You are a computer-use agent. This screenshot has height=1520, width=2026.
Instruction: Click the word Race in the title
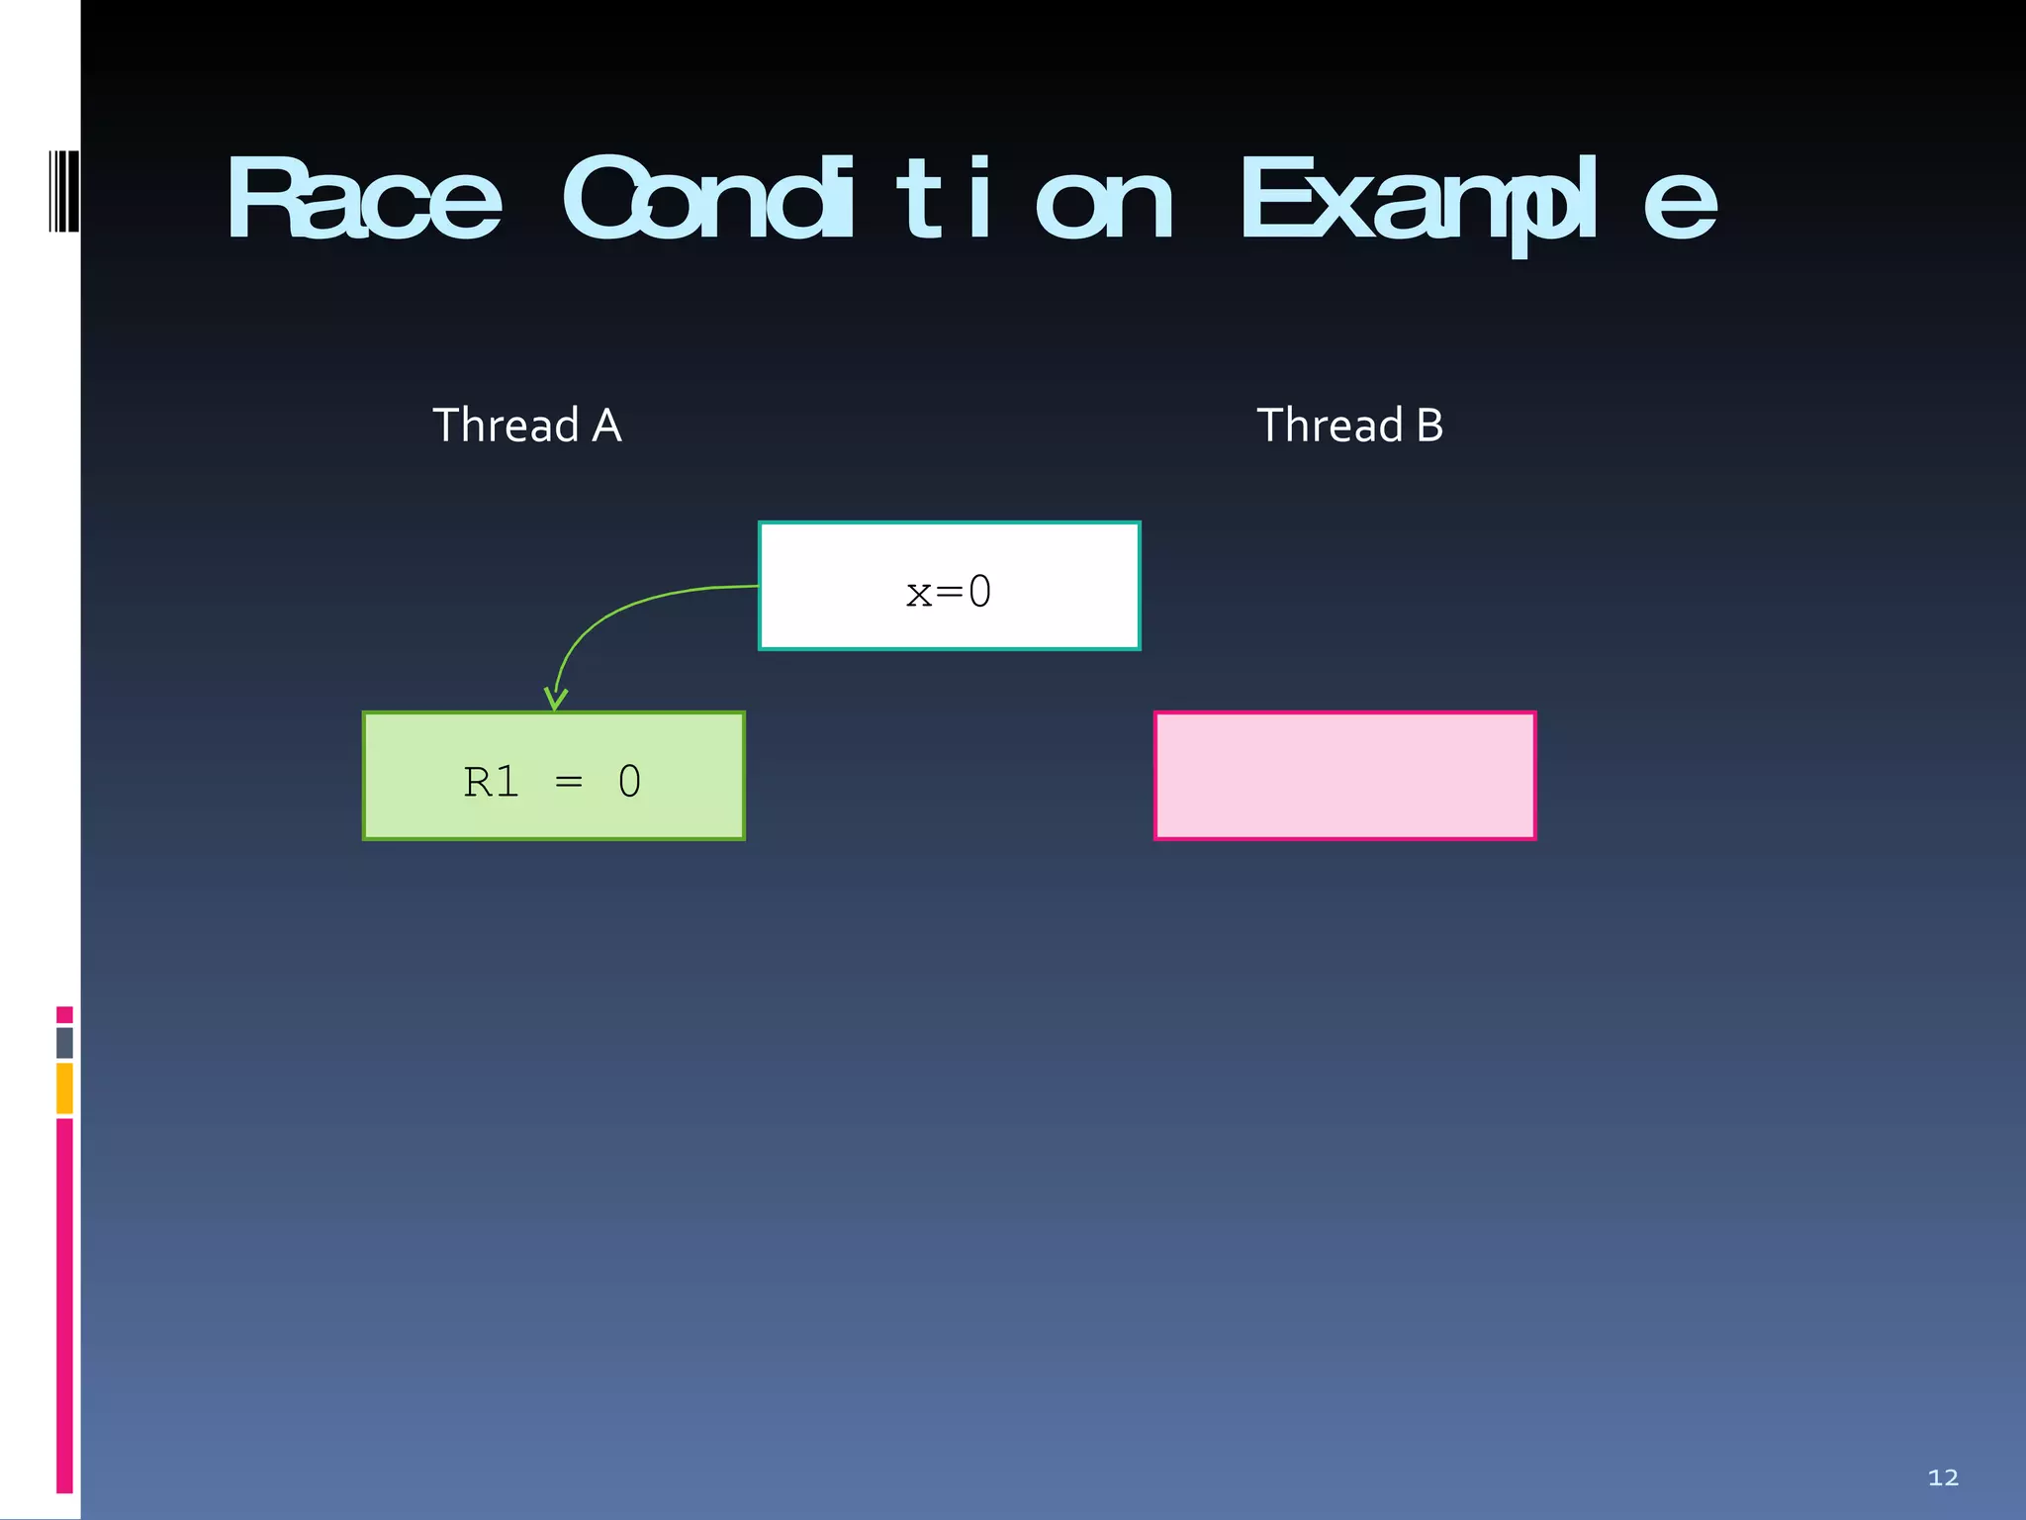364,200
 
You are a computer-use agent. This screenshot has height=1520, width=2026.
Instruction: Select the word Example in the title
1478,202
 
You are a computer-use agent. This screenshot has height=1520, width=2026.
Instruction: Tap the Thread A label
527,426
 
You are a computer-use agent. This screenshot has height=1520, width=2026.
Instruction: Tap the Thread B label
1349,426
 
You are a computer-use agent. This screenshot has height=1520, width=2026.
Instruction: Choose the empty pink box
1345,776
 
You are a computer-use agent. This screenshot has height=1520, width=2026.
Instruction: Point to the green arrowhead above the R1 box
556,699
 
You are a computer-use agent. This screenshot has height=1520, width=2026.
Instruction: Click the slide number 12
1943,1477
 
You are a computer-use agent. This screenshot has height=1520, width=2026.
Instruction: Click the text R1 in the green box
491,782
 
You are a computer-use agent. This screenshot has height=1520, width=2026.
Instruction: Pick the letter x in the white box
919,593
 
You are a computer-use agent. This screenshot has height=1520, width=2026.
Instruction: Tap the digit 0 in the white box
979,592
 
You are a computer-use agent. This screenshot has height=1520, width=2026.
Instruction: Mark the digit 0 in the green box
629,782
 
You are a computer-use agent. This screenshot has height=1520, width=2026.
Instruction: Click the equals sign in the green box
569,783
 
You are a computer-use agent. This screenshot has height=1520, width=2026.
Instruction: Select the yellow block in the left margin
64,1088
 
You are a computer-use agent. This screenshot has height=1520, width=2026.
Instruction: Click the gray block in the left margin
64,1042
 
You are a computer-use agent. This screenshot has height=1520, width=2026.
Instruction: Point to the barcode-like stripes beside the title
63,191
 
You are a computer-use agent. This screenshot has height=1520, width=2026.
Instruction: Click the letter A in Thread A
606,426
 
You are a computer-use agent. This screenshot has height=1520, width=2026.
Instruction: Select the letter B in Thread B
1429,426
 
